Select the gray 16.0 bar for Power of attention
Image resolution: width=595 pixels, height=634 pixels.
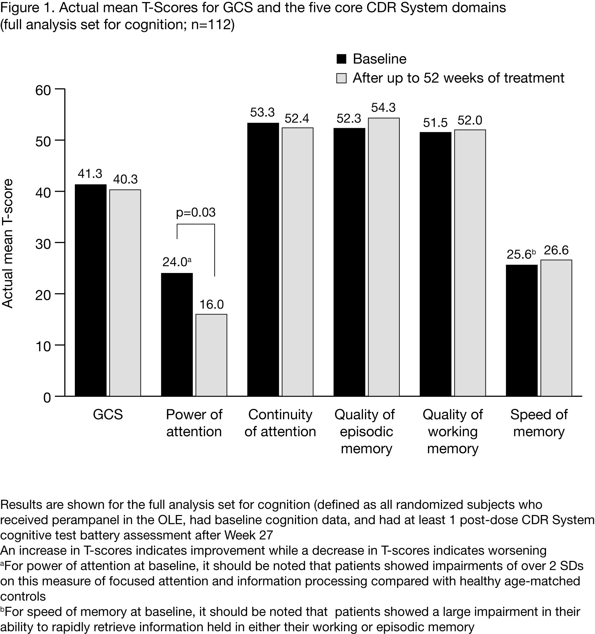click(211, 355)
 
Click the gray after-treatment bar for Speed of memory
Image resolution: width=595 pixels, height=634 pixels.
click(556, 328)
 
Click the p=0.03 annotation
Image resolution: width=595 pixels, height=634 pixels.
click(196, 212)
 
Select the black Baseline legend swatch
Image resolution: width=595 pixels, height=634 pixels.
click(341, 59)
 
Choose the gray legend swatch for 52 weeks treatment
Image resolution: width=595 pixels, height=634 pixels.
click(341, 78)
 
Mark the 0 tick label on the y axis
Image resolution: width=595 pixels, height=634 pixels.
click(47, 397)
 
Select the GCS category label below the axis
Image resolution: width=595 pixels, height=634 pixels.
click(108, 415)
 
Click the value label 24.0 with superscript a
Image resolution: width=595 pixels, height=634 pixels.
click(177, 262)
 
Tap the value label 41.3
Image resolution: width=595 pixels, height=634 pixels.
click(90, 174)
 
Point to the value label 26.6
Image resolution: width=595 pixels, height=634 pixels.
click(556, 251)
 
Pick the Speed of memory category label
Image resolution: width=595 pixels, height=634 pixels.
click(539, 423)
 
